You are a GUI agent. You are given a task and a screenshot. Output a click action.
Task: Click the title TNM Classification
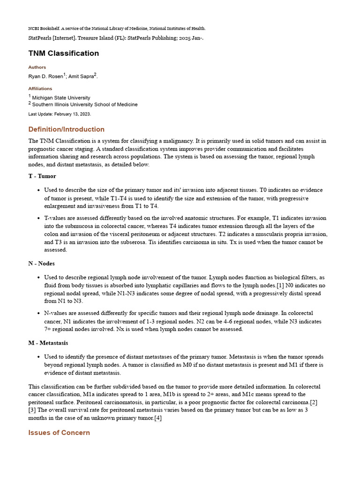coord(63,53)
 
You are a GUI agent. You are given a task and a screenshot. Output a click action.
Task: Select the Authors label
coord(37,67)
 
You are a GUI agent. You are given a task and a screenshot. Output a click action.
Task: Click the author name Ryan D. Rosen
coord(45,76)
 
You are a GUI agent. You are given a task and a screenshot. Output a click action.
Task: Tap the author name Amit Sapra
coord(80,76)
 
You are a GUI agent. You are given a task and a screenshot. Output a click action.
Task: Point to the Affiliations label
coord(40,89)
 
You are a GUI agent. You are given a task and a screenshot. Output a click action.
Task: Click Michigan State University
coord(61,97)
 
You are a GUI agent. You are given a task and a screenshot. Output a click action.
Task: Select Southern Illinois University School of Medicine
coord(85,105)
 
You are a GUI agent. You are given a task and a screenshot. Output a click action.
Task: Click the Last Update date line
coord(60,114)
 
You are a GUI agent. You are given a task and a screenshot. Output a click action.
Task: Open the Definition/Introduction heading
coord(66,129)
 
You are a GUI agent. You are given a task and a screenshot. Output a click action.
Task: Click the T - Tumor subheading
coord(42,176)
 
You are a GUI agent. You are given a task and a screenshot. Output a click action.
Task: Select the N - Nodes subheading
coord(41,263)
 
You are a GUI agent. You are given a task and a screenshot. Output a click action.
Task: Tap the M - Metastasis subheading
coord(48,343)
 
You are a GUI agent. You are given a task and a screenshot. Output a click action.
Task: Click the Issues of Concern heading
coord(59,433)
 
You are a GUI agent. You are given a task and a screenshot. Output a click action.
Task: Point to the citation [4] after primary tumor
coord(158,418)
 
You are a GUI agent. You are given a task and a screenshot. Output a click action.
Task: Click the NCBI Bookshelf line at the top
coord(117,29)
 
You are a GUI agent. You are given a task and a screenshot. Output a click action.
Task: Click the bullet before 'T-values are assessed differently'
coord(38,218)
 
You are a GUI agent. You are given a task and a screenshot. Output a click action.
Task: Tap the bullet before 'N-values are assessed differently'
coord(38,313)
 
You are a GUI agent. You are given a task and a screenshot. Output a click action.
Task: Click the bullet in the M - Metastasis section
coord(38,357)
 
